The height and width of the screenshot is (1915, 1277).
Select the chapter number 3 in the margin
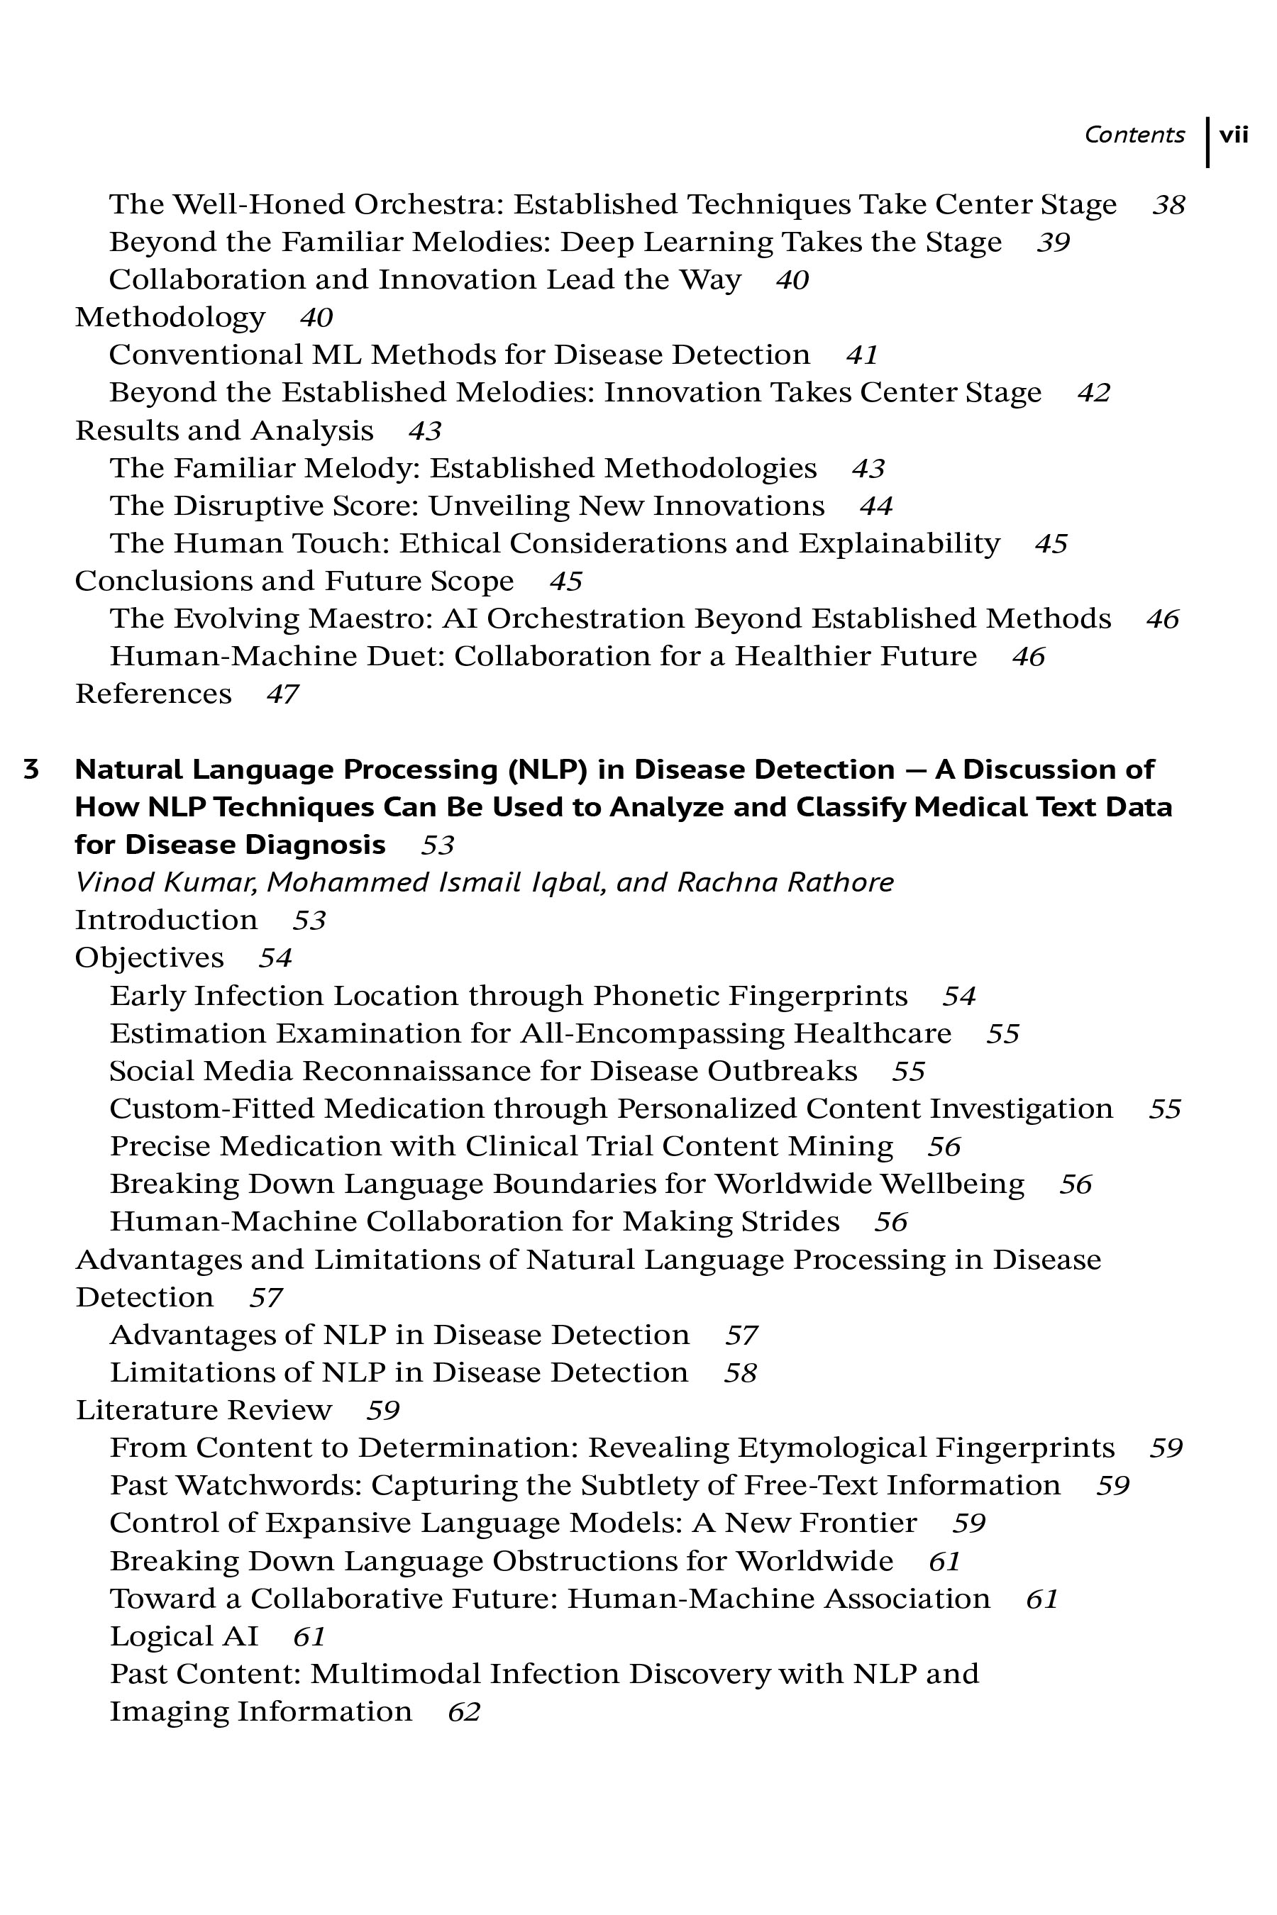[31, 770]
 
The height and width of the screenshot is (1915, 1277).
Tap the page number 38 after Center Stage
[1168, 204]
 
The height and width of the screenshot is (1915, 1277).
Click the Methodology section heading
[170, 317]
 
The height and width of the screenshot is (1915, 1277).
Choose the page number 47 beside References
[282, 694]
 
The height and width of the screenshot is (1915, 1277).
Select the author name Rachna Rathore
[785, 882]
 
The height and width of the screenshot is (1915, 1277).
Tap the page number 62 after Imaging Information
[464, 1711]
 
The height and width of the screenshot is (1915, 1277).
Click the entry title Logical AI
[184, 1636]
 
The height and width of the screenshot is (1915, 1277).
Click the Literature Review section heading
[204, 1409]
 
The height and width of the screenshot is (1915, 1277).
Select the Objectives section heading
[149, 957]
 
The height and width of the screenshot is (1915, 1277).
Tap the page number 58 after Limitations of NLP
[740, 1372]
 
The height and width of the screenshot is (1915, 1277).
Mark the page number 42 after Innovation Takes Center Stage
[1094, 392]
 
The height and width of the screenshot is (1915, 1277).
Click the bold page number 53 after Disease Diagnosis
[437, 845]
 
